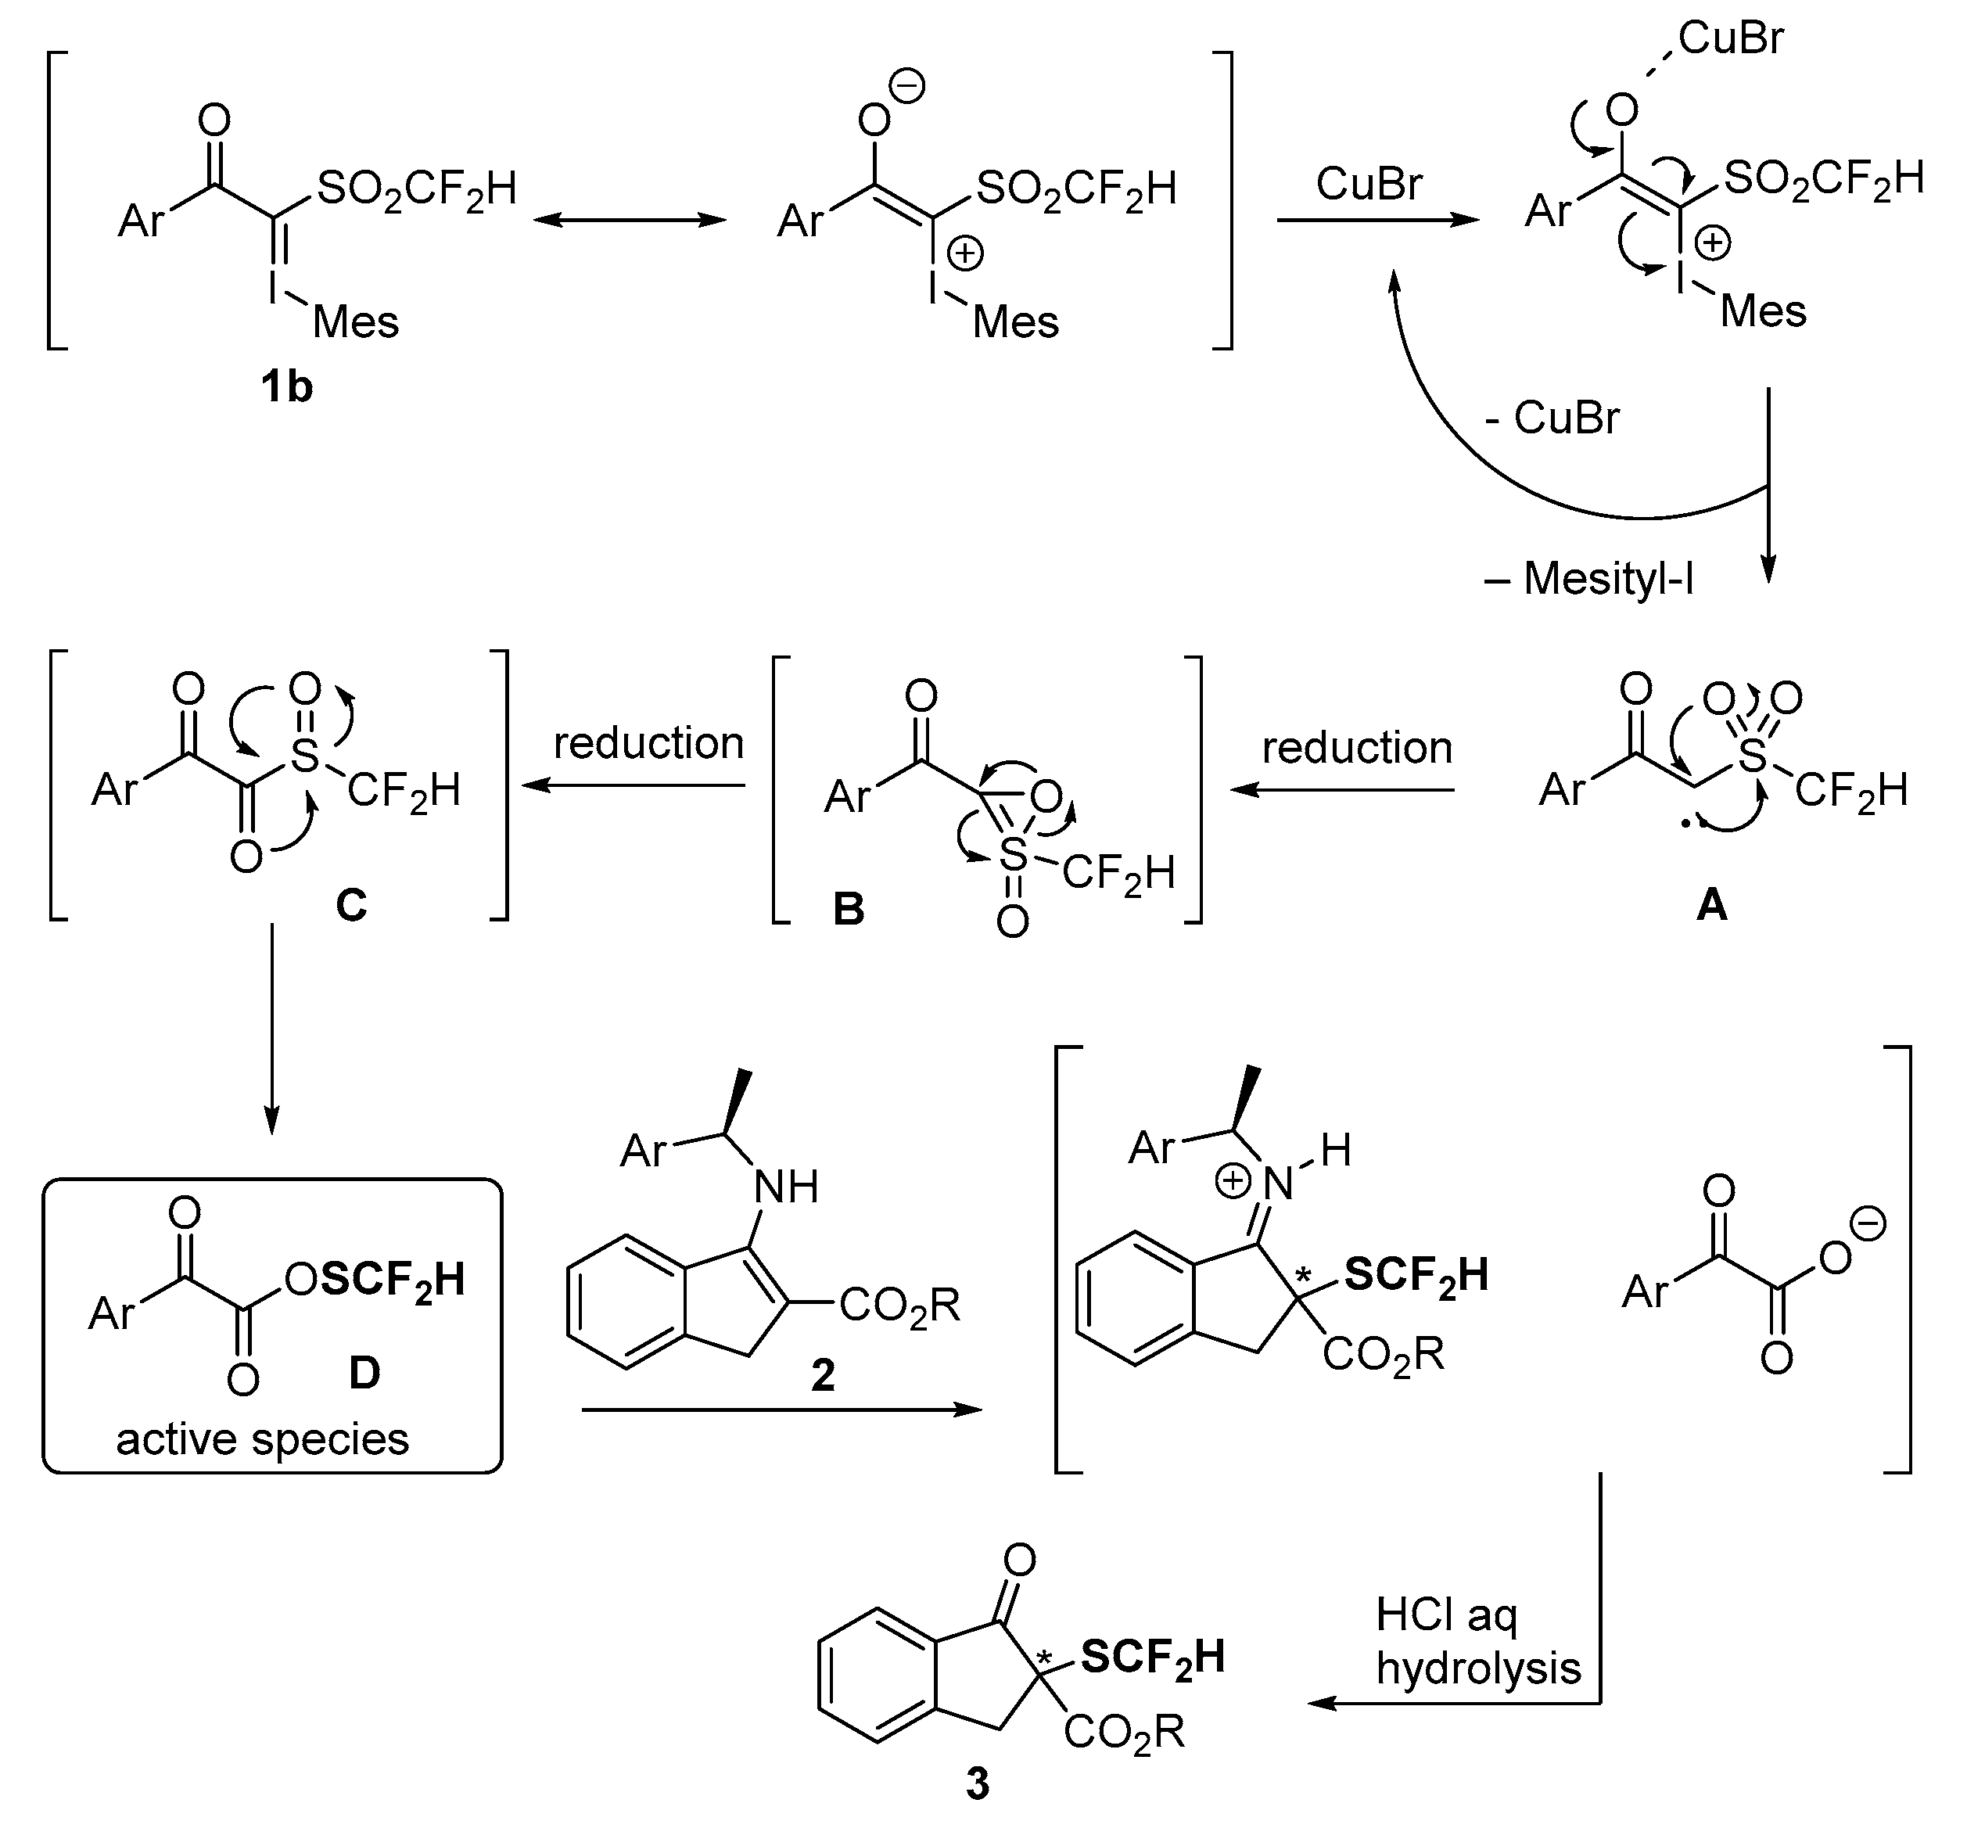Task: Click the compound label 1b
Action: tap(285, 387)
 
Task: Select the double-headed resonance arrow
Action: tap(630, 220)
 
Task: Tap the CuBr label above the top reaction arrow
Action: tap(1369, 183)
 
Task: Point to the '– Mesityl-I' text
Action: tap(1588, 578)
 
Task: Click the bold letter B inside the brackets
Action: tap(849, 908)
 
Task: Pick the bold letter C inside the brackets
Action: tap(351, 903)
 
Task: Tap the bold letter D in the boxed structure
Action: tap(364, 1373)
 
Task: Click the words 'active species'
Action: tap(262, 1438)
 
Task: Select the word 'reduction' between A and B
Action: tap(1357, 748)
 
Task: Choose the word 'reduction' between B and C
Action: tap(648, 743)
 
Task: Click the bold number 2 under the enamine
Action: tap(823, 1374)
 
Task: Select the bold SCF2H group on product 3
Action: tap(1152, 1657)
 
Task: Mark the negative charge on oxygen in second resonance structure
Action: tap(907, 87)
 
